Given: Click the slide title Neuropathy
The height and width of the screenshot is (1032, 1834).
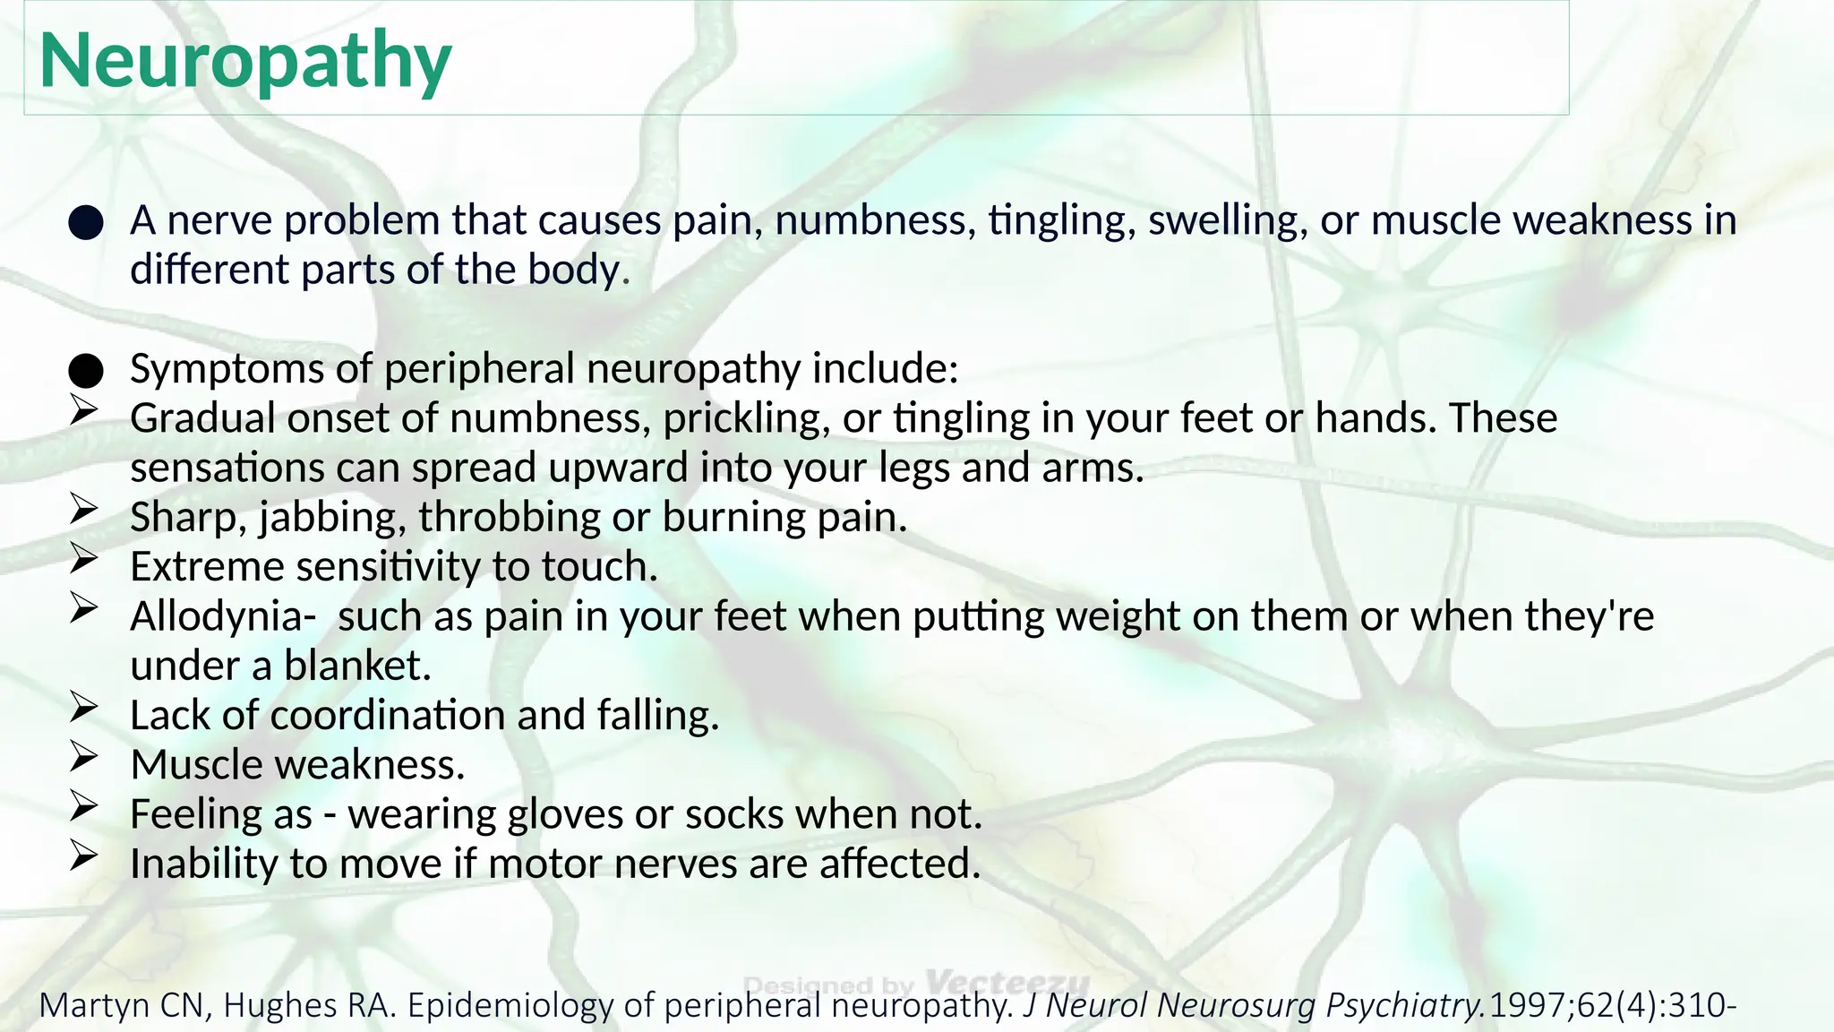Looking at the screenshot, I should (245, 61).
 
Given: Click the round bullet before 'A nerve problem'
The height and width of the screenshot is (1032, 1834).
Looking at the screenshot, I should (86, 222).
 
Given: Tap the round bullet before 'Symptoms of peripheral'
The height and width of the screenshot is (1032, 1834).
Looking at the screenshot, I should (86, 370).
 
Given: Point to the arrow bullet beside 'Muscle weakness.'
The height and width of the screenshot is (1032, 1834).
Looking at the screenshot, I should (83, 758).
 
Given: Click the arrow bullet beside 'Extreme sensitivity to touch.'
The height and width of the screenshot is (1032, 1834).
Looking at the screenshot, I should (83, 560).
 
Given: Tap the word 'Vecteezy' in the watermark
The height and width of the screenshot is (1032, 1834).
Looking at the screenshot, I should (1007, 982).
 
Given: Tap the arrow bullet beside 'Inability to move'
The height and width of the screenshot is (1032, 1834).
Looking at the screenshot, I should (83, 856).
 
